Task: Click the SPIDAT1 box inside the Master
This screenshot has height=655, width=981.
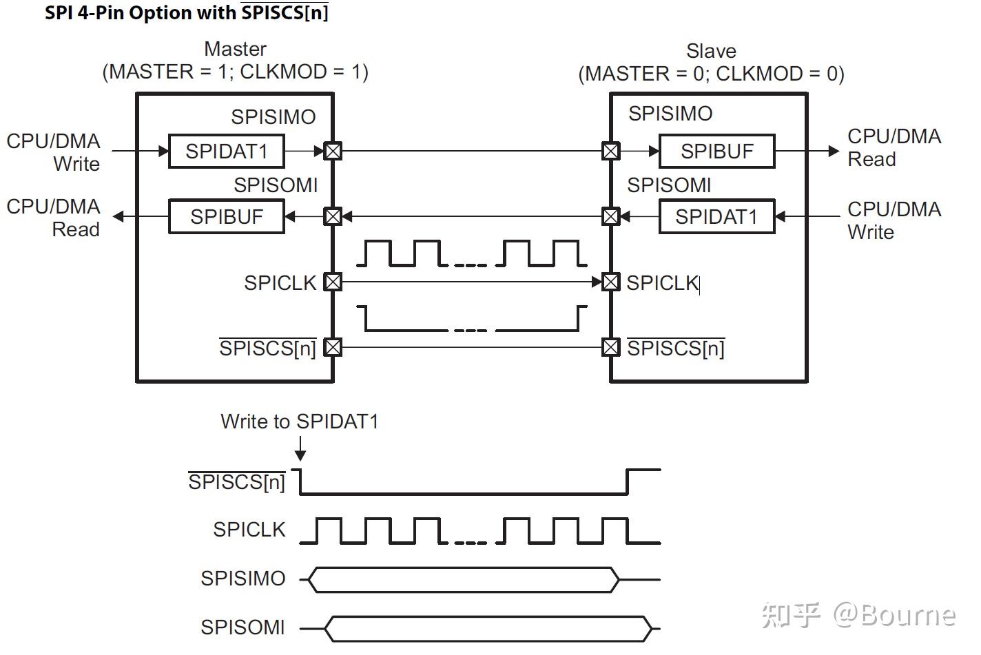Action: coord(226,151)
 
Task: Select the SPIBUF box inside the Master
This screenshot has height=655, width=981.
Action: coord(226,216)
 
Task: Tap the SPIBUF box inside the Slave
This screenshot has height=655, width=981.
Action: coord(716,151)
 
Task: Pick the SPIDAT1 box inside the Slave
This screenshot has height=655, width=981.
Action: coord(716,216)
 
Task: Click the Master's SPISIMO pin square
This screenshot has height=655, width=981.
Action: coord(333,151)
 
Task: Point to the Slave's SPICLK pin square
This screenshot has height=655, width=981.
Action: coord(610,282)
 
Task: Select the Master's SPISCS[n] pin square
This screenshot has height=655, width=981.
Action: coord(333,347)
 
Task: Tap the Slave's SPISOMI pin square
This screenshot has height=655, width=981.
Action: coord(610,216)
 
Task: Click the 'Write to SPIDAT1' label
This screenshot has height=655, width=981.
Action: coord(300,422)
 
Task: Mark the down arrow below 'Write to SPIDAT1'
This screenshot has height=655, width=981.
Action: coord(300,452)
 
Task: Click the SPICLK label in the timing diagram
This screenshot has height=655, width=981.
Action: coord(249,530)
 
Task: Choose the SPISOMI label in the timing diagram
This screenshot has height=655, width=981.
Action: coord(242,627)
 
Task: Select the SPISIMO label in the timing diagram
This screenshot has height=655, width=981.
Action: coord(242,579)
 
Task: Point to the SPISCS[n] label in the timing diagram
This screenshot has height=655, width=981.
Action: coord(237,481)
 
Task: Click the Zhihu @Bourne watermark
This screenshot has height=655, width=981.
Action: coord(858,614)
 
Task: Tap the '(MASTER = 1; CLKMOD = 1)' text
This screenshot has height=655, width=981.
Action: coord(236,72)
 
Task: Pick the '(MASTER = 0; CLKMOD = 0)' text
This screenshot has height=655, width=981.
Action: coord(711,74)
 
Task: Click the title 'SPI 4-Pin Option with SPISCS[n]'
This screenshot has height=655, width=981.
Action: coord(186,12)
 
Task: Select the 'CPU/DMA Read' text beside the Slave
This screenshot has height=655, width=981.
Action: coord(894,147)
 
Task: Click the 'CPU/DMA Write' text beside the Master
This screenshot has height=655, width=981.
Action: coord(54,152)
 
